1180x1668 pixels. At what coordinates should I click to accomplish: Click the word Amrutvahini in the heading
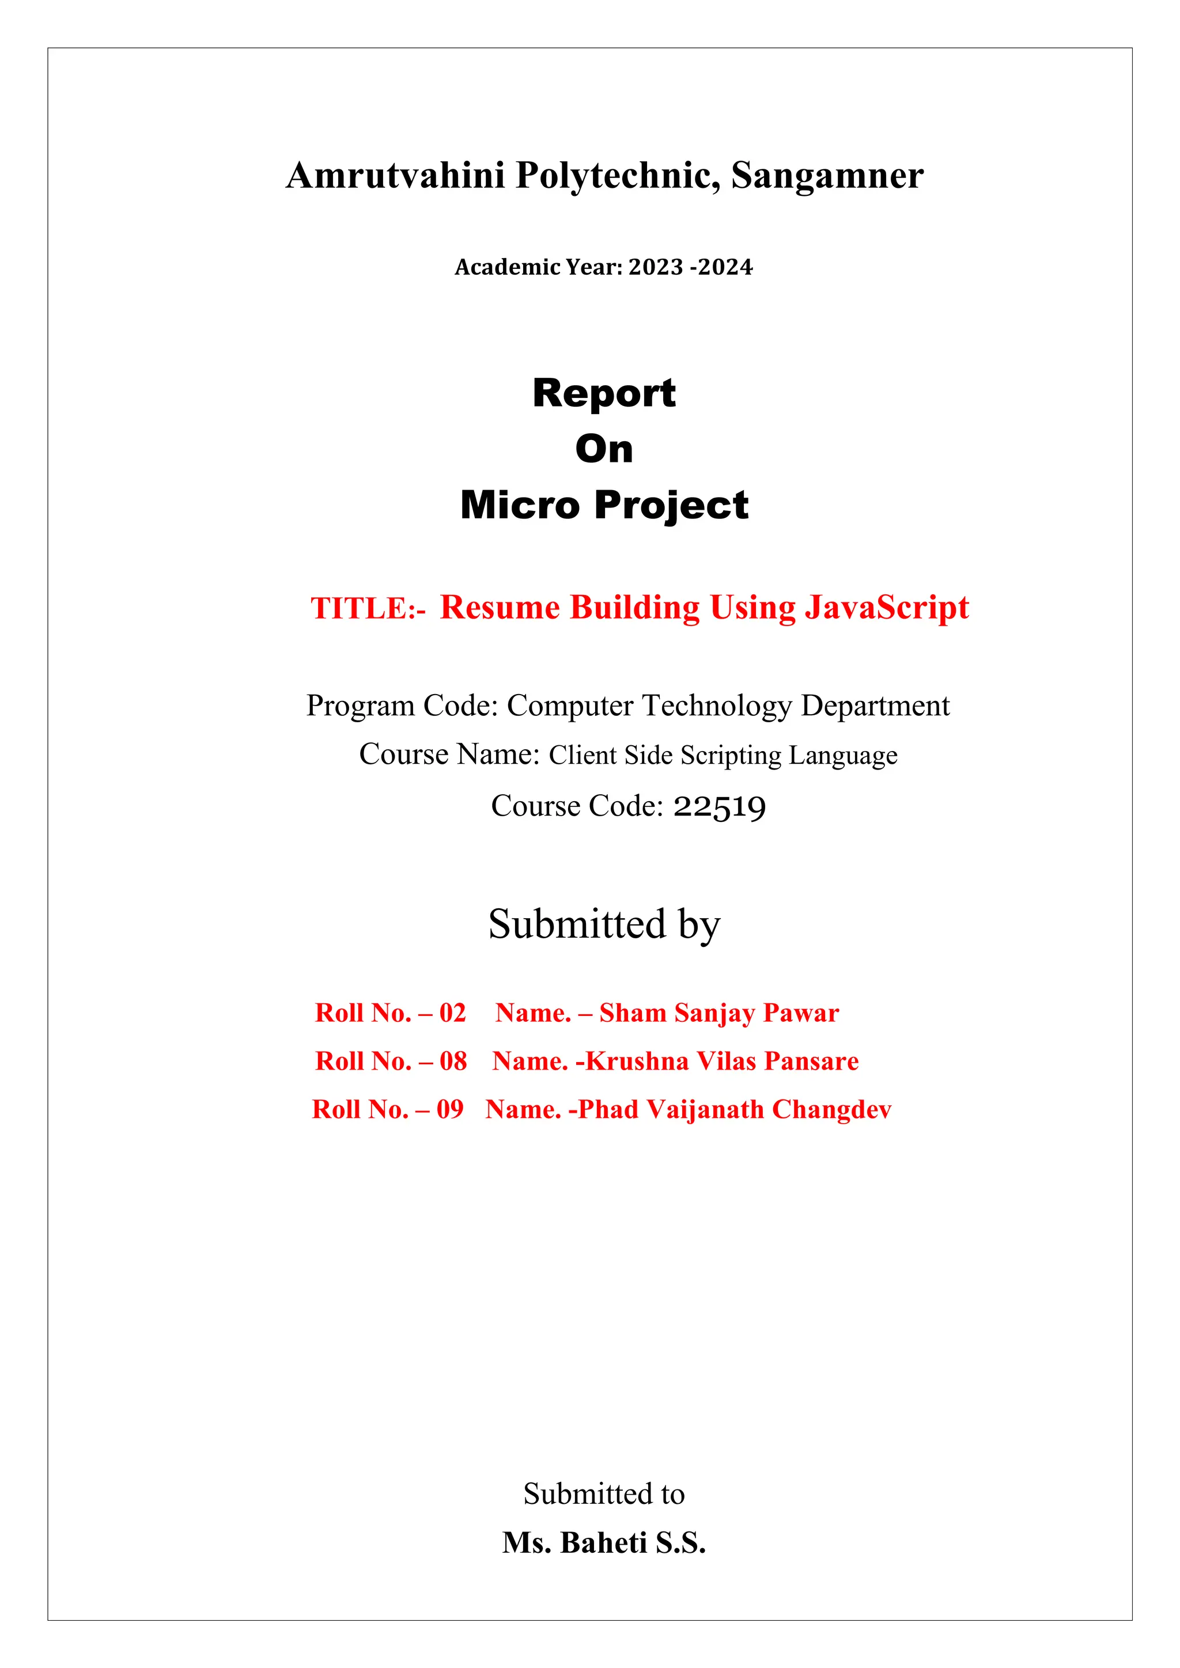tap(395, 176)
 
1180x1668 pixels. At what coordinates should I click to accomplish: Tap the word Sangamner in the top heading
tap(827, 176)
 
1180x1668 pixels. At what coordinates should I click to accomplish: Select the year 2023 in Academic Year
tap(655, 267)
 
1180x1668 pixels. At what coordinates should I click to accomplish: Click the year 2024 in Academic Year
tap(725, 267)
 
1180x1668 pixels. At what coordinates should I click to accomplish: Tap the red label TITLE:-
tap(368, 609)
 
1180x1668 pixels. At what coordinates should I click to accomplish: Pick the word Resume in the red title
tap(499, 607)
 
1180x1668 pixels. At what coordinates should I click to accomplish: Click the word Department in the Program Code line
tap(875, 706)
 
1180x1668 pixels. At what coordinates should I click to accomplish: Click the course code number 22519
tap(719, 806)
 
